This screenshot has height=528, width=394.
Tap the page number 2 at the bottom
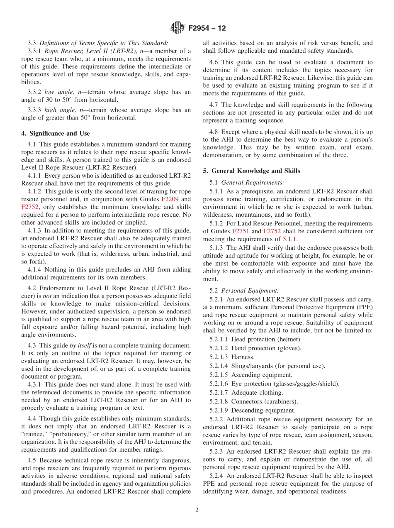[197, 510]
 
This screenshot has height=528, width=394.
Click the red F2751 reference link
[241, 231]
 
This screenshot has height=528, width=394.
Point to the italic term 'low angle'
[58, 92]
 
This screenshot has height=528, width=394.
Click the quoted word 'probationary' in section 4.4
[66, 434]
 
